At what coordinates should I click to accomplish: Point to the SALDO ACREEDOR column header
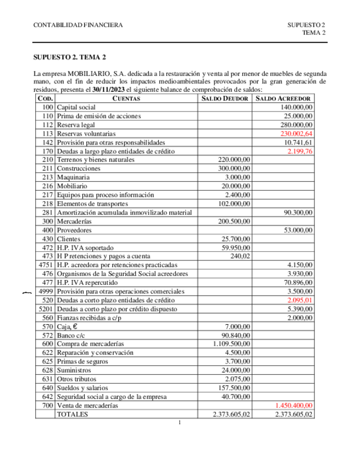(284, 98)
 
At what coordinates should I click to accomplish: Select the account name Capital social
(76, 107)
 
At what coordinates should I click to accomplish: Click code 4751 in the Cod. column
(46, 265)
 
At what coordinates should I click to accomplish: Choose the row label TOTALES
(73, 415)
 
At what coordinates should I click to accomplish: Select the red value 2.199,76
(300, 151)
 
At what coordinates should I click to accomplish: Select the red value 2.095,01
(300, 301)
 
